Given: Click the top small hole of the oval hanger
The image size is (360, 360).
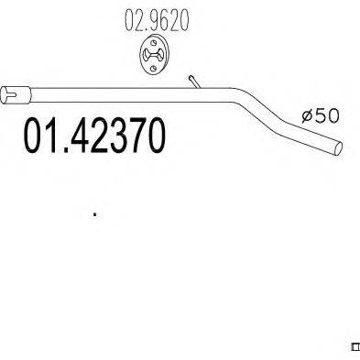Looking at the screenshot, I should click(152, 44).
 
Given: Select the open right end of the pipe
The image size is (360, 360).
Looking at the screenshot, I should click(339, 147).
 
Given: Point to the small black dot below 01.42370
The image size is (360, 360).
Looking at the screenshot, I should click(94, 216).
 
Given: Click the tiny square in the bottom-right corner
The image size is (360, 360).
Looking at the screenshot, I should click(355, 346).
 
